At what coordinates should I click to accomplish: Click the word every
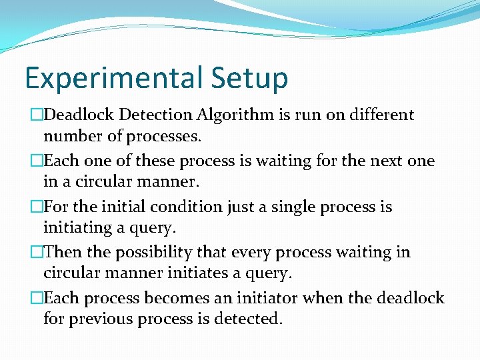256,253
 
